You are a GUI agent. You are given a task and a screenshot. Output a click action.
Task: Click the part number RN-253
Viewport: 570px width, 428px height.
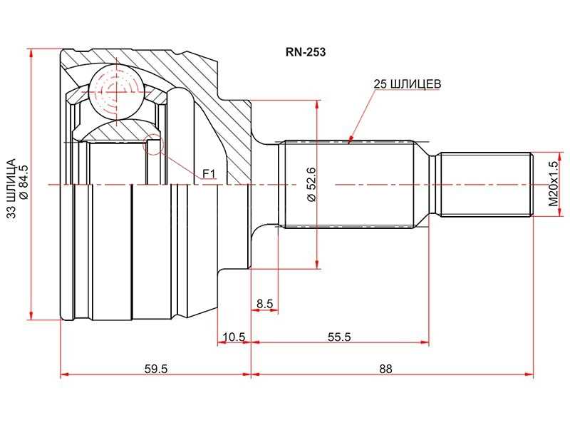click(306, 52)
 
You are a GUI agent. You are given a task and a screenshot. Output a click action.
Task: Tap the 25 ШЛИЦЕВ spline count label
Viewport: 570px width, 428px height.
click(408, 84)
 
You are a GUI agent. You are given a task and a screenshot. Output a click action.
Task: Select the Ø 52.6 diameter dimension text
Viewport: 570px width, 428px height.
click(312, 185)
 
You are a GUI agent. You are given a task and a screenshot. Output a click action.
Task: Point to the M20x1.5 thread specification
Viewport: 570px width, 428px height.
click(553, 184)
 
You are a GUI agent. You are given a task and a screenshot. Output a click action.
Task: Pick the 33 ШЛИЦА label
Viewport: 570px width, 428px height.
click(11, 188)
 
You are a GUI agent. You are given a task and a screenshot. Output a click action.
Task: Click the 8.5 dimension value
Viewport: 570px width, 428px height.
click(264, 303)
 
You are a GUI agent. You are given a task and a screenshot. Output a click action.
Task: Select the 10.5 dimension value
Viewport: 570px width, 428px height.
click(234, 337)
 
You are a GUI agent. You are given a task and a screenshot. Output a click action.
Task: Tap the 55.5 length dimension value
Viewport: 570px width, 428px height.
click(339, 337)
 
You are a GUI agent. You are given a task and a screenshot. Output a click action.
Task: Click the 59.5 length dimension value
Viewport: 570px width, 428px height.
click(156, 369)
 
